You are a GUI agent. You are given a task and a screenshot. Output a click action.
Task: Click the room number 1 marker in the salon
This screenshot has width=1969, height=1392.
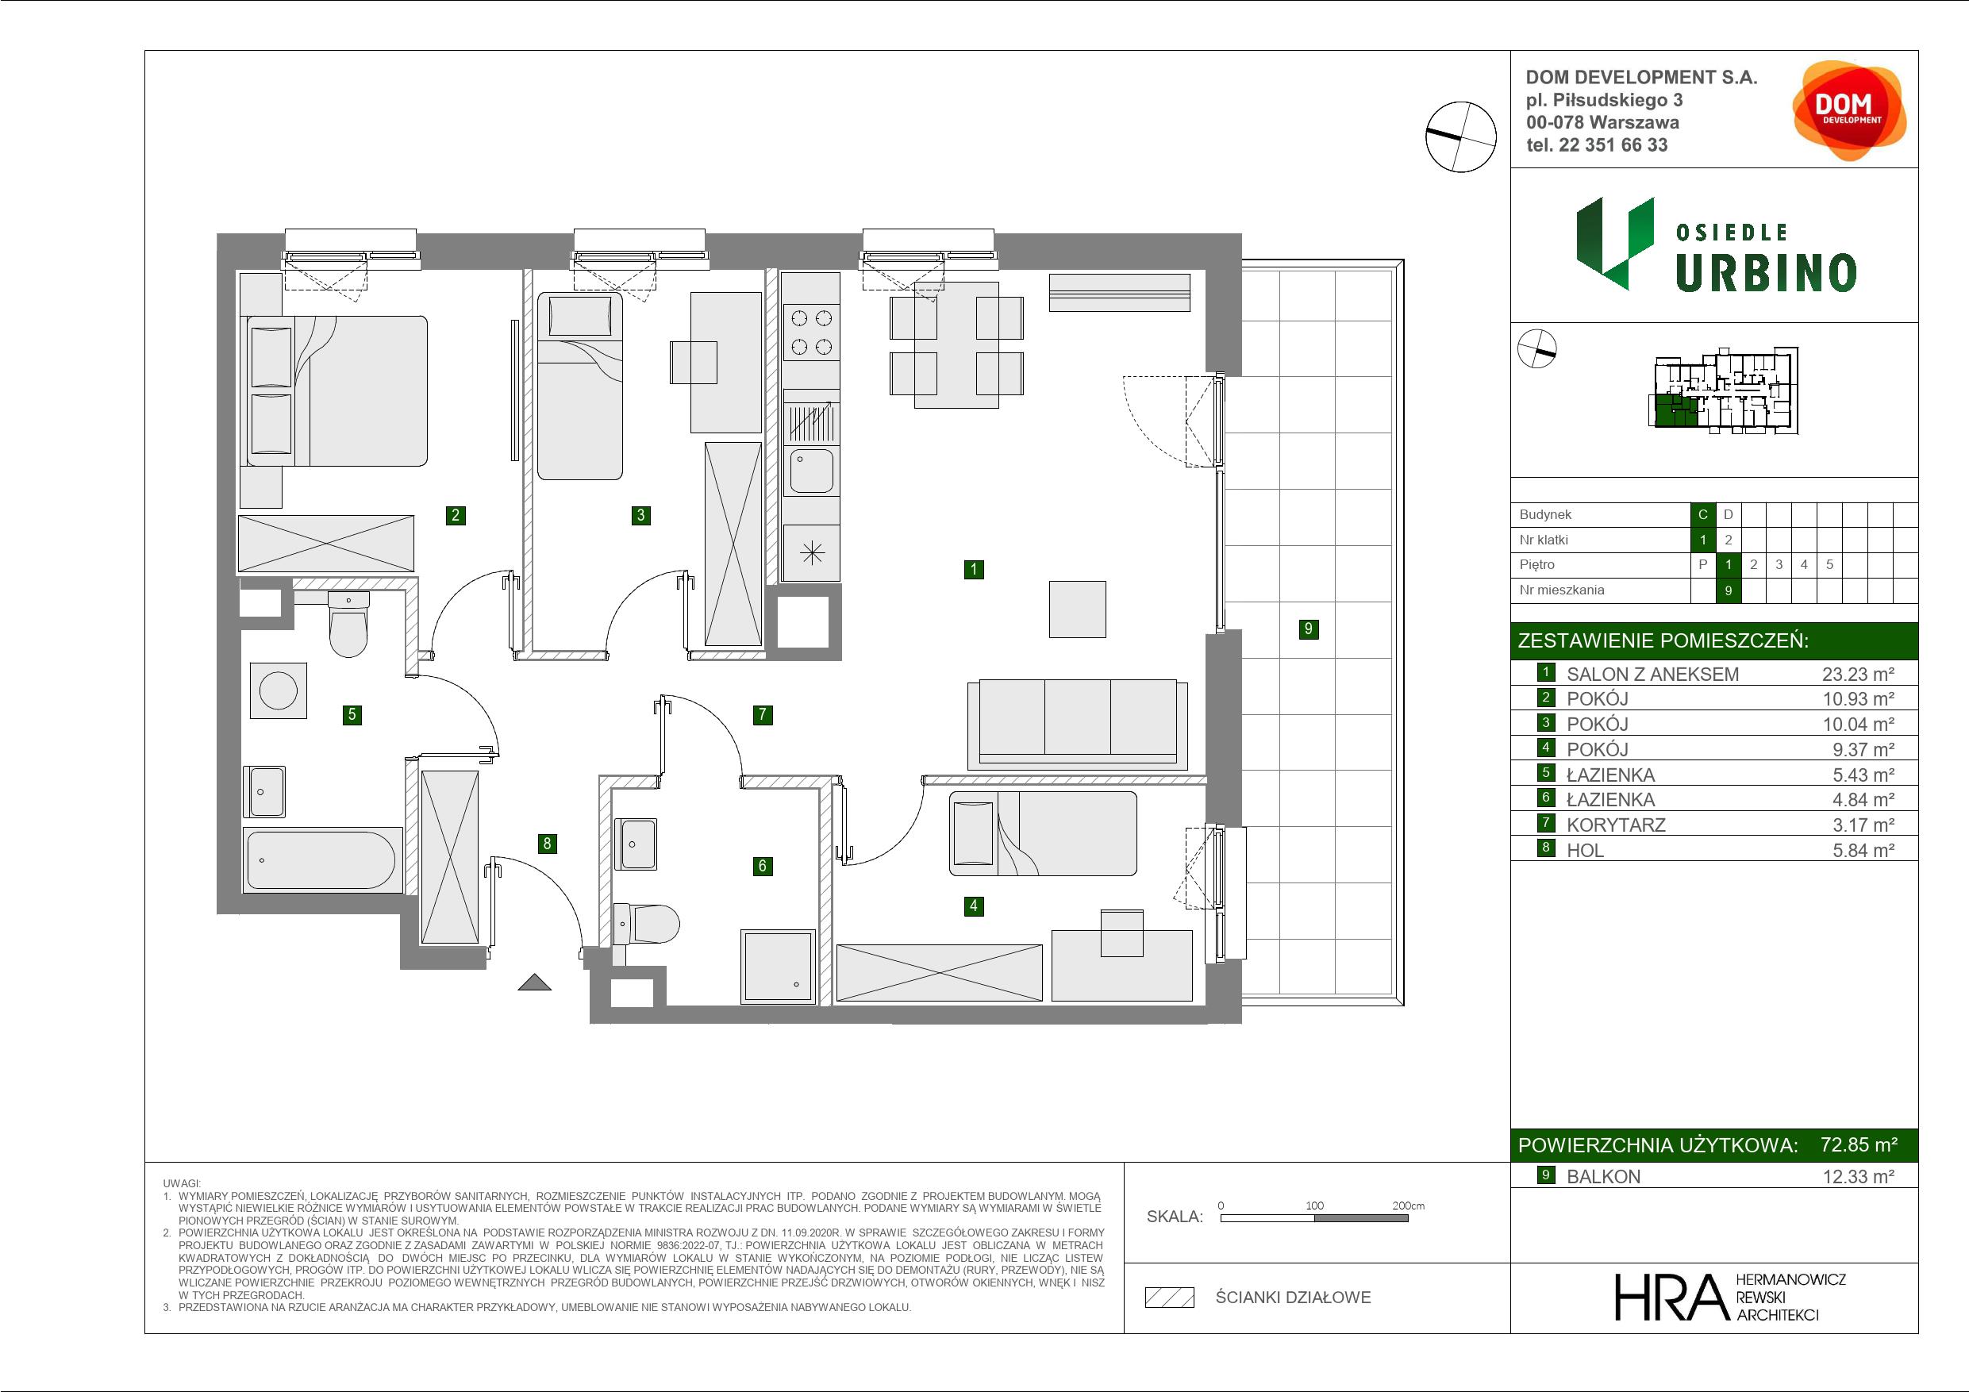(x=973, y=569)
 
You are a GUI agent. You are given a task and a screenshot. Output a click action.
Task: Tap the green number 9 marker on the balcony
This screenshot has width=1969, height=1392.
(x=1308, y=629)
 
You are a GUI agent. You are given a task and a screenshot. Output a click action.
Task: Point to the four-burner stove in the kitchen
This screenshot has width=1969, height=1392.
(x=811, y=332)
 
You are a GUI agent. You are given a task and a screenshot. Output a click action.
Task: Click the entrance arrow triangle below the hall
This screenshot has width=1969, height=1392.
(x=534, y=982)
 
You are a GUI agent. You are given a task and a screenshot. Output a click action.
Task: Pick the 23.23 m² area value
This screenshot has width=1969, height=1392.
(x=1859, y=674)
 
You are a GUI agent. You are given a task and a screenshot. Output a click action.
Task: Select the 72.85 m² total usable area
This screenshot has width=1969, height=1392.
(x=1859, y=1144)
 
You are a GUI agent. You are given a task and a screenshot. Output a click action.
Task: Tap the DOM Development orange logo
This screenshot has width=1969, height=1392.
(x=1848, y=110)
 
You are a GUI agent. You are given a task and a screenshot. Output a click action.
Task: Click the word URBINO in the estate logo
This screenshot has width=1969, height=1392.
(x=1766, y=274)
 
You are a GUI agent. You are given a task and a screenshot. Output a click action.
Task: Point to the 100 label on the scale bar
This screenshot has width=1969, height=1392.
(x=1315, y=1205)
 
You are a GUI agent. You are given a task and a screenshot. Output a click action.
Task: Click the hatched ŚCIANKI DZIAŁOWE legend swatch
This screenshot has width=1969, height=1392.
(x=1170, y=1298)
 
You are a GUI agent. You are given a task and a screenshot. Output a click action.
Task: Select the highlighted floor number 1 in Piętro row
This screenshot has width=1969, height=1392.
(x=1728, y=564)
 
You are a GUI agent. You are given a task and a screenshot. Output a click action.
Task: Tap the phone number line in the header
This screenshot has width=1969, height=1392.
(x=1597, y=145)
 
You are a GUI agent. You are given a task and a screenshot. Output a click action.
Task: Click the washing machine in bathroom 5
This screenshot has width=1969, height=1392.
(x=278, y=690)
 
